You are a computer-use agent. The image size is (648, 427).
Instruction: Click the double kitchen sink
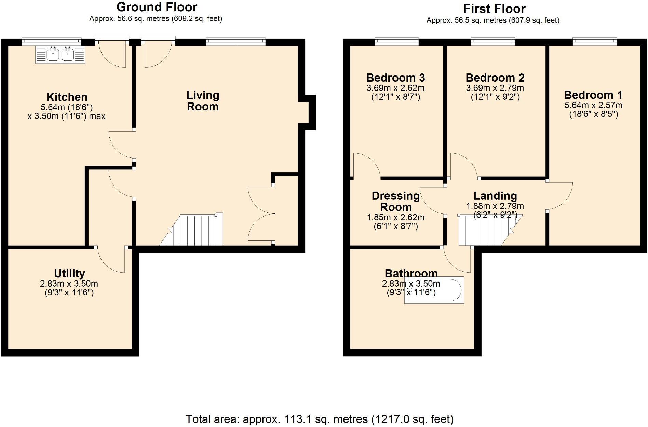pyautogui.click(x=60, y=54)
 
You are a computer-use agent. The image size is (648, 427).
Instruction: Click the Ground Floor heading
pyautogui.click(x=157, y=7)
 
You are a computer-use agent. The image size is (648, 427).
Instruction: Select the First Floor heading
pyautogui.click(x=494, y=9)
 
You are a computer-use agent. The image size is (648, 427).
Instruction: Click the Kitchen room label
pyautogui.click(x=67, y=97)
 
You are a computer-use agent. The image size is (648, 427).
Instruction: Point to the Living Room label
pyautogui.click(x=203, y=101)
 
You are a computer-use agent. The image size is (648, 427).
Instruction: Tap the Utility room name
pyautogui.click(x=69, y=274)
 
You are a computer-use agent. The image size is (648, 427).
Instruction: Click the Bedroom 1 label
pyautogui.click(x=593, y=95)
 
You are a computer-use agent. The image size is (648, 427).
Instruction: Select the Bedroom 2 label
pyautogui.click(x=495, y=78)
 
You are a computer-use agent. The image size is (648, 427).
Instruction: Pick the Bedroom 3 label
pyautogui.click(x=395, y=78)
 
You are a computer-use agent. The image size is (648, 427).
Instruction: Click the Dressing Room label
pyautogui.click(x=396, y=202)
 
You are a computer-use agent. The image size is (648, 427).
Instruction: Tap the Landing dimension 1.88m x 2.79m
pyautogui.click(x=495, y=206)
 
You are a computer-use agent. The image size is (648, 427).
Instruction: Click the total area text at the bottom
pyautogui.click(x=320, y=419)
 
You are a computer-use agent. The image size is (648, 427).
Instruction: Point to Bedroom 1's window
pyautogui.click(x=595, y=42)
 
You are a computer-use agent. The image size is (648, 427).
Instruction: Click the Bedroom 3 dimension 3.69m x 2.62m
pyautogui.click(x=395, y=88)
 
